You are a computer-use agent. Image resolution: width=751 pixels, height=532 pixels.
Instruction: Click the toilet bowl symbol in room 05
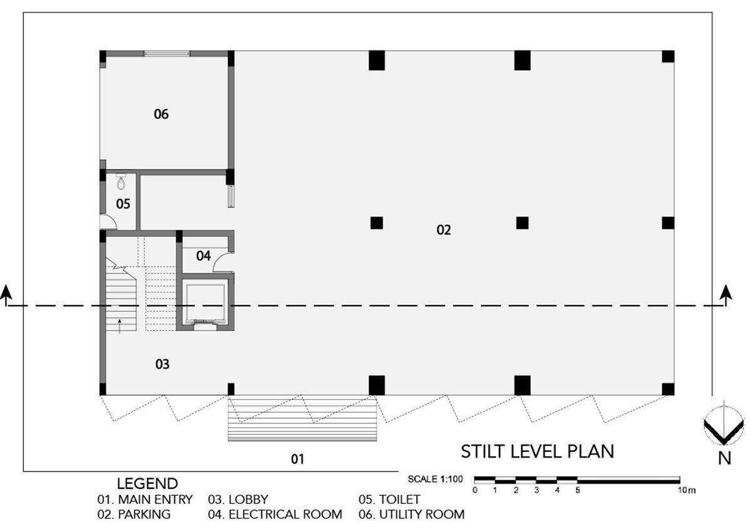coord(121,182)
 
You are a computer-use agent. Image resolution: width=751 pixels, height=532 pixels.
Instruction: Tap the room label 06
coord(161,115)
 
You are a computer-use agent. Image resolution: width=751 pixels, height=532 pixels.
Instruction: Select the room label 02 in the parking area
coord(444,230)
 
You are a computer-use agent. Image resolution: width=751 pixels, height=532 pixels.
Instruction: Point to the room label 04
coord(203,256)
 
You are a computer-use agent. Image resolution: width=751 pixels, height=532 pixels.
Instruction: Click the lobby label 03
coord(162,364)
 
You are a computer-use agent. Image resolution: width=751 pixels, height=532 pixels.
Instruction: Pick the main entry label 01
coord(297,459)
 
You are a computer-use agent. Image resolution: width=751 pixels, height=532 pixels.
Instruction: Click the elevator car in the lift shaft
coord(205,304)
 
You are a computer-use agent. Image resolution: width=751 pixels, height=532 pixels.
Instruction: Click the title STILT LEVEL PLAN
coord(538,451)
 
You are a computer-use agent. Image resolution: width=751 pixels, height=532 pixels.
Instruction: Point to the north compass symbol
coord(723,425)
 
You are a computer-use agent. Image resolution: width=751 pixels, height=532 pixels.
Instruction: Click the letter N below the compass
coord(725,459)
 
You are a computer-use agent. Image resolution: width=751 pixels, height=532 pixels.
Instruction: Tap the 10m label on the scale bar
coord(687,491)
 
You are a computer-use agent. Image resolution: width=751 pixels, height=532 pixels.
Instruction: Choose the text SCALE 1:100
coord(435,479)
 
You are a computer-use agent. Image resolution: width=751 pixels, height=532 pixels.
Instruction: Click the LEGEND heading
coord(147,484)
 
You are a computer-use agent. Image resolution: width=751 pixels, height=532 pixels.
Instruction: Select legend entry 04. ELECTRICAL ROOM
coord(275,514)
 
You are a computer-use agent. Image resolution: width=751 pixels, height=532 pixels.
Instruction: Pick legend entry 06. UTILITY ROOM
coord(411,514)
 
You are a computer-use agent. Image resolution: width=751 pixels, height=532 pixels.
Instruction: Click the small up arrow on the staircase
coord(120,326)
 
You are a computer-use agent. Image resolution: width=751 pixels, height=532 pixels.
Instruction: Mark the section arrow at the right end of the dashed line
coord(726,295)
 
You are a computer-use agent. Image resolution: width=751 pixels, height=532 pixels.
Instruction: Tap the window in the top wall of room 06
coord(167,53)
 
